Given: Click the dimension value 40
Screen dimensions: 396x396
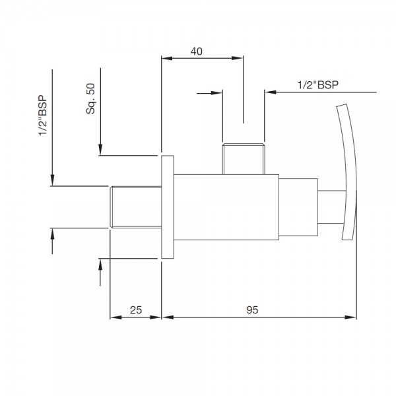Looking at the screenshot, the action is tap(197, 51).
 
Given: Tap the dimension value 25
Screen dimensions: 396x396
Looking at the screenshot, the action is tap(136, 310).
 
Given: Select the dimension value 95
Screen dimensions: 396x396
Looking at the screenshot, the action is tap(252, 310).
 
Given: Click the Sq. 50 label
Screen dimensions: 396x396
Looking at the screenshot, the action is tap(90, 99).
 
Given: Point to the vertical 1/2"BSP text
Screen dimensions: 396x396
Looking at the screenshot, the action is tap(43, 115).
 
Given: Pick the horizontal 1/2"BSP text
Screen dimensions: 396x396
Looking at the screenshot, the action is tap(317, 85).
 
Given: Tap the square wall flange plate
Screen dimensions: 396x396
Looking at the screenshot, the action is tap(168, 207).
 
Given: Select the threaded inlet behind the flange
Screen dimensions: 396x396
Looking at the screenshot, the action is tap(136, 207).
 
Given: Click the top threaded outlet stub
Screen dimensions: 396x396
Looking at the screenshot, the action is tap(244, 159).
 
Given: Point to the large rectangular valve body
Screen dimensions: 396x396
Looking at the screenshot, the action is tap(226, 207).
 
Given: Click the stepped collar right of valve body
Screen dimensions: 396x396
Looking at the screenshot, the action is tap(298, 207).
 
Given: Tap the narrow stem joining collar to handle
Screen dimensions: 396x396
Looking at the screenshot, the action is tap(331, 207).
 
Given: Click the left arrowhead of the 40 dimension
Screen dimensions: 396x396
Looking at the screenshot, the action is tap(167, 58).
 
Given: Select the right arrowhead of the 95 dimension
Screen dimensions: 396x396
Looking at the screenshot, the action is tap(351, 317).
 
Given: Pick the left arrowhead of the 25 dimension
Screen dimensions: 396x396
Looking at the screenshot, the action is tap(115, 317).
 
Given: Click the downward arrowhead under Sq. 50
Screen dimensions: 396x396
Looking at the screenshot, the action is tap(100, 149).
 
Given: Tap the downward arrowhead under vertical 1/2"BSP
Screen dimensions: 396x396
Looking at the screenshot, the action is tap(52, 180).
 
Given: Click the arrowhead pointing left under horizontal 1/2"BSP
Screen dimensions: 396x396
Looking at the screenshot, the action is tap(271, 92).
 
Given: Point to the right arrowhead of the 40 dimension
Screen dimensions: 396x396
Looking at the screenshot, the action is tap(238, 58).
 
